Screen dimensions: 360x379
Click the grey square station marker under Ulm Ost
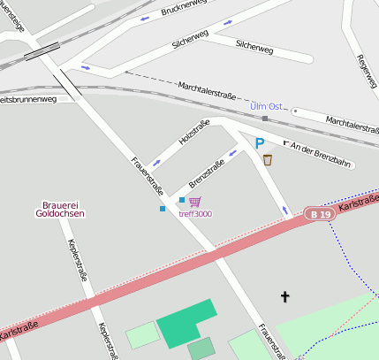click(x=264, y=118)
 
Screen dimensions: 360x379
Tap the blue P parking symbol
click(x=260, y=142)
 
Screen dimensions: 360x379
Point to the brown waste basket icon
click(x=268, y=160)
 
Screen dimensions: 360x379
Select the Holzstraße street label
click(x=193, y=132)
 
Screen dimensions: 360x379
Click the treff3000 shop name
click(x=195, y=214)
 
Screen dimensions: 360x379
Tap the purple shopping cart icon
click(x=194, y=203)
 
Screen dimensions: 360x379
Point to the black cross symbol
click(x=284, y=296)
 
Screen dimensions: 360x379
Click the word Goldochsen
click(x=60, y=214)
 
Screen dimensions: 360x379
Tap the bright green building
click(x=186, y=323)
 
